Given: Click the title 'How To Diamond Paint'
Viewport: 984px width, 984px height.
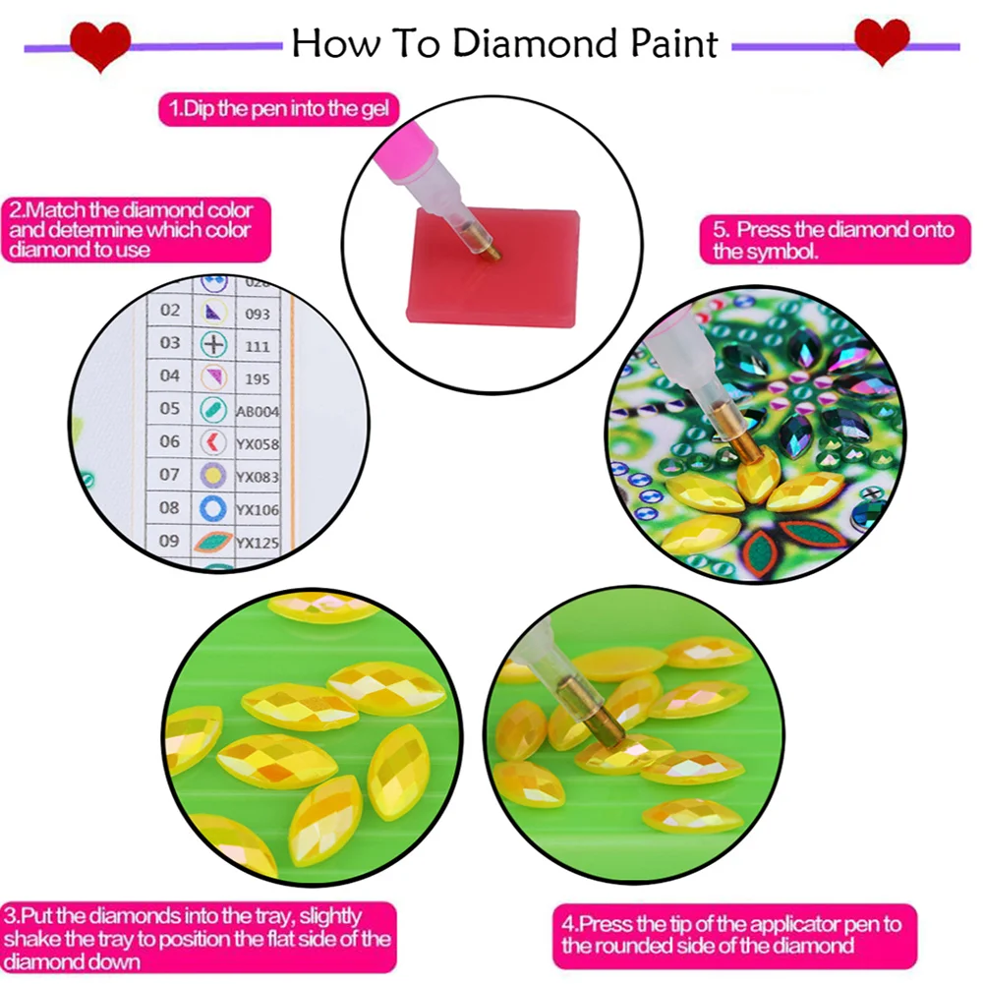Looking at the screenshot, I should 505,44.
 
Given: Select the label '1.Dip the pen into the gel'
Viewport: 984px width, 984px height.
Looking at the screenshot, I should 279,108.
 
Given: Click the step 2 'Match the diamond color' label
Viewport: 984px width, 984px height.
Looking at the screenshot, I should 131,229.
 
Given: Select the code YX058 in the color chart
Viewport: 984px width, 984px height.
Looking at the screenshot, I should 258,444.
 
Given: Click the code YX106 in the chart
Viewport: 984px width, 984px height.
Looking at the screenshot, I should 258,509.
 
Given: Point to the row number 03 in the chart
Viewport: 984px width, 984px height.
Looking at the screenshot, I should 170,343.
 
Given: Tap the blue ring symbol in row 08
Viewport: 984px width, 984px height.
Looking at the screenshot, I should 213,507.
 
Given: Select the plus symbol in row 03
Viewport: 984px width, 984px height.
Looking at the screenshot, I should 213,344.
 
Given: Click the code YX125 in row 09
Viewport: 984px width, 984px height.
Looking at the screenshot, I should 258,543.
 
